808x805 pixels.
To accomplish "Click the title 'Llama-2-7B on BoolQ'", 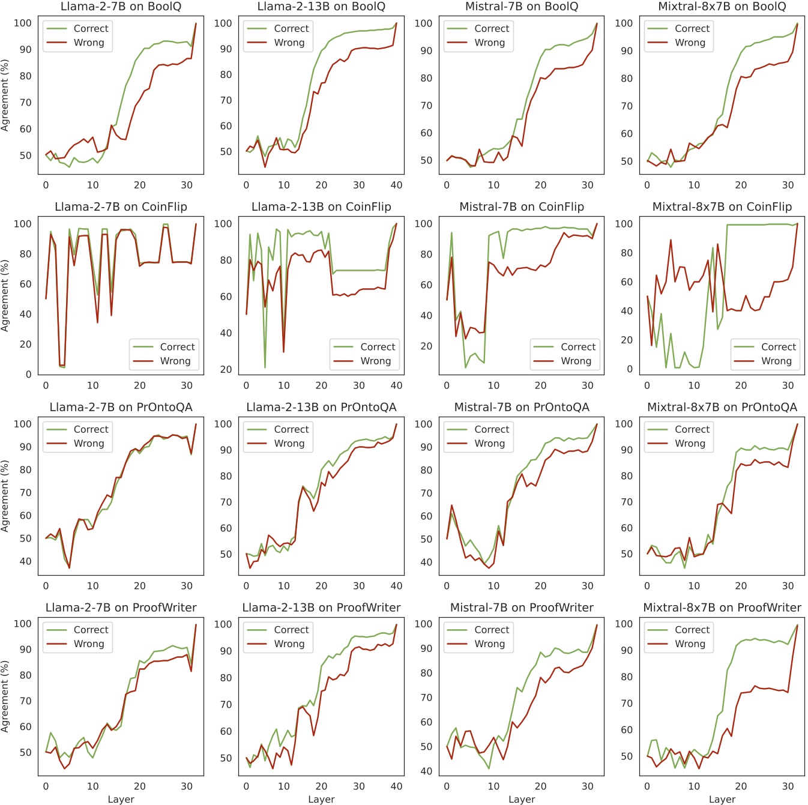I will coord(121,7).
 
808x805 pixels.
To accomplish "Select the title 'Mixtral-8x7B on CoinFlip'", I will coord(722,207).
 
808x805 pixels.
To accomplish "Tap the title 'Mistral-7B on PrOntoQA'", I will coord(522,407).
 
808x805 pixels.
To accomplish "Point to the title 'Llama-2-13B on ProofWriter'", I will coord(321,608).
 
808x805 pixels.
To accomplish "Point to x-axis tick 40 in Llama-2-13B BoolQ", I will coord(396,185).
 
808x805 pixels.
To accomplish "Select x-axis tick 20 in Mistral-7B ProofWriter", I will coord(540,786).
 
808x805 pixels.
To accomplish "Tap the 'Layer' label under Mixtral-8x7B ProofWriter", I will coord(722,799).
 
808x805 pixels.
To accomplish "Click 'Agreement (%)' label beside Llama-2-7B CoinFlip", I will coord(5,295).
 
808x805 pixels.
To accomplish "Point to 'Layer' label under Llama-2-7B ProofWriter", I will coord(121,799).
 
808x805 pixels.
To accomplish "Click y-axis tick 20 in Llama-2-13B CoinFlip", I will coord(226,369).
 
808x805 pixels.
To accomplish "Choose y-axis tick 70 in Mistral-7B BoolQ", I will coord(426,106).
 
